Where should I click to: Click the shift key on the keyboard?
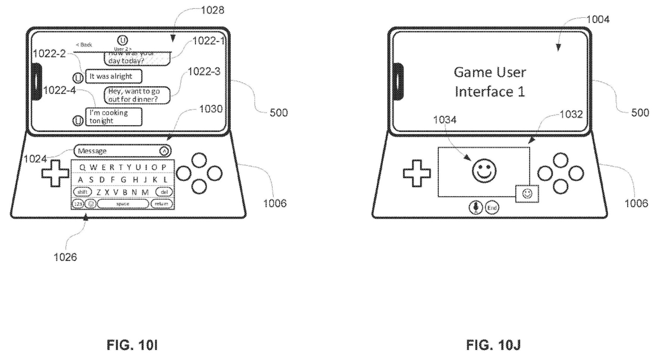click(82, 192)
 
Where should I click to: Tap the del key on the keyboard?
click(164, 192)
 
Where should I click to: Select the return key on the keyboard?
click(162, 204)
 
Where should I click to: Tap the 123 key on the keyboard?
click(78, 204)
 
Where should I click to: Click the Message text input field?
click(118, 151)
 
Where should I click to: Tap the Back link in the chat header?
click(84, 45)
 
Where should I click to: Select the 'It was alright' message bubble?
click(113, 76)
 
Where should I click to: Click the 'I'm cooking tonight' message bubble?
click(113, 117)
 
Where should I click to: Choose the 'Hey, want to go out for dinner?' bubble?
click(137, 95)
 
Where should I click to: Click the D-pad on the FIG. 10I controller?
click(55, 173)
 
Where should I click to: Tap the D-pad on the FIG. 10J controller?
click(417, 173)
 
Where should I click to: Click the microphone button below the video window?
click(476, 207)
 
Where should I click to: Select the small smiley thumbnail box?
click(527, 194)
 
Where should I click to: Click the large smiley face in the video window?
click(484, 171)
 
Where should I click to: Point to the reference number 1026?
click(65, 257)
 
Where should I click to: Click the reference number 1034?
click(444, 120)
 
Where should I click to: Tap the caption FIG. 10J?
click(493, 345)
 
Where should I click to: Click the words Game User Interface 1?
click(490, 82)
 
